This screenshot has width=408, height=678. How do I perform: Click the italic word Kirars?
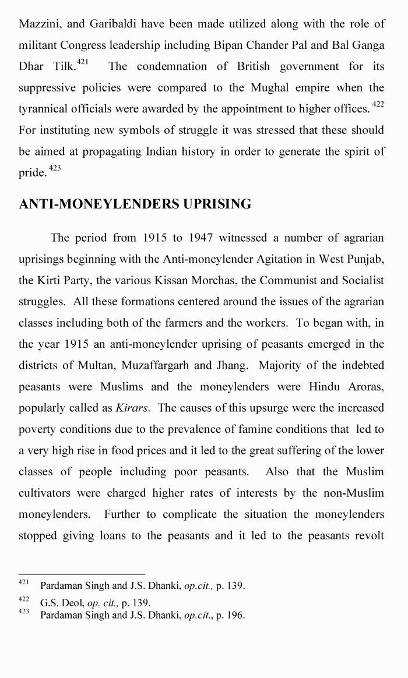coord(132,408)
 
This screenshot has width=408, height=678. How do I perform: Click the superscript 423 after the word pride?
coord(55,168)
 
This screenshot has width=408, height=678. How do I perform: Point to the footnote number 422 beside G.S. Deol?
coord(23,599)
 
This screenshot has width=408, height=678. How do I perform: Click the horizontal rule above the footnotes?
coord(82,574)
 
